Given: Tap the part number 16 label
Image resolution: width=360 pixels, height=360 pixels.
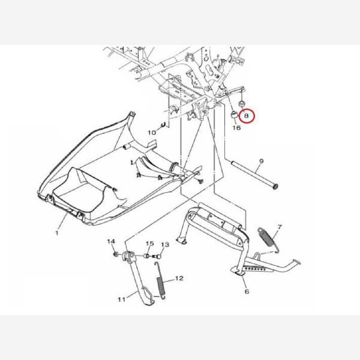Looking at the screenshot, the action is point(236,127).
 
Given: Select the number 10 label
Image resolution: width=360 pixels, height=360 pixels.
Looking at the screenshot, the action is point(152,133).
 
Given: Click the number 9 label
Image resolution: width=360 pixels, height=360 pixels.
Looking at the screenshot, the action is point(261,161).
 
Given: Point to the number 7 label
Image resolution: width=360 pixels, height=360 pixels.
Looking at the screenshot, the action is point(280,227).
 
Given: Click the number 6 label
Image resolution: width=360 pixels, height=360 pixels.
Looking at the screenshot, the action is point(247,292).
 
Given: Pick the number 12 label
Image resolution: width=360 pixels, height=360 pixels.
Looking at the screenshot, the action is point(179,278).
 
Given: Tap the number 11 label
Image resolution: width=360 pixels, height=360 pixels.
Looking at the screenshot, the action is point(122,299).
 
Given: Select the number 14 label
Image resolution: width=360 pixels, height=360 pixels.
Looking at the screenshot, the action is point(111,241).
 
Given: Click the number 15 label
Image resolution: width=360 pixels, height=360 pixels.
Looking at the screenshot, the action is point(149,243).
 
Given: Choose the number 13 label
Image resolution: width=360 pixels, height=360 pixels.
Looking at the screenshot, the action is point(165,245).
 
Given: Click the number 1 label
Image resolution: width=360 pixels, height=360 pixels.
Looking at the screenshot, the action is point(57,233).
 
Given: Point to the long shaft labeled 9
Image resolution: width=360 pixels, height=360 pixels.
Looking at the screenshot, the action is point(254,175).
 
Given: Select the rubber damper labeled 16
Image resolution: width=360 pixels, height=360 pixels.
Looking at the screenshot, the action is point(234,115).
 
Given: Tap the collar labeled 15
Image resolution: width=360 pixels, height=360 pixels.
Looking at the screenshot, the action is point(146,256).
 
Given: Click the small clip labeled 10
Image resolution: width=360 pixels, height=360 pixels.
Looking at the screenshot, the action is point(163,125).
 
